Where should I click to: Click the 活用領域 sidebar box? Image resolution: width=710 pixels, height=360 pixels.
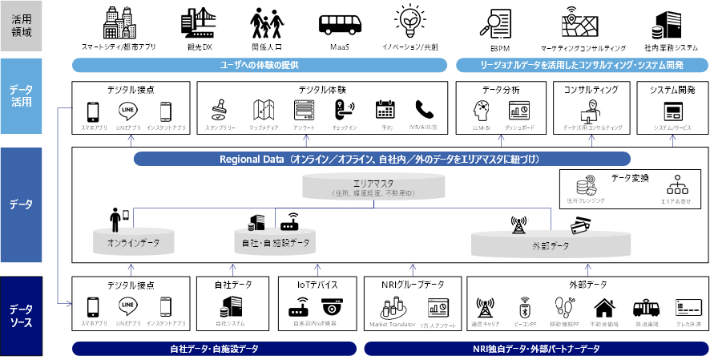pos(21,26)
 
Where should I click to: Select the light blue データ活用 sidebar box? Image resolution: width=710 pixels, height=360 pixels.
pos(21,95)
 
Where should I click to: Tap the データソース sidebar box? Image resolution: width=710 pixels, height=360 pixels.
pos(21,315)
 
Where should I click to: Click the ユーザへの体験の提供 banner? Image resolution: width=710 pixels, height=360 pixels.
pos(259,65)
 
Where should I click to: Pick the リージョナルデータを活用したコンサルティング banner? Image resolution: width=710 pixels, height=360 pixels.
pos(582,65)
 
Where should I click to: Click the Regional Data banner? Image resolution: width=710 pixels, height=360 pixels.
pos(381,159)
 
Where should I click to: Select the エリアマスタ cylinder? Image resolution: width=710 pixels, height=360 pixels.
pos(373,187)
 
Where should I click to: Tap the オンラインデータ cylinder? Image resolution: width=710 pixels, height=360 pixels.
pos(132,241)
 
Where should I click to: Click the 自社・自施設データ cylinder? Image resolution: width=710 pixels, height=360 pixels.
pos(275,241)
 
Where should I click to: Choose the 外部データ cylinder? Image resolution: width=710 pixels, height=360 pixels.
pos(551,245)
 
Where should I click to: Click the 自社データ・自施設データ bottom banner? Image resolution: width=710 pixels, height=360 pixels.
pos(214,349)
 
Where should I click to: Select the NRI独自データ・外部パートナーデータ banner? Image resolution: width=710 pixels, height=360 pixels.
pos(535,349)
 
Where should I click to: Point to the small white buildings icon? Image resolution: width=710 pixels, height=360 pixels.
pos(392,307)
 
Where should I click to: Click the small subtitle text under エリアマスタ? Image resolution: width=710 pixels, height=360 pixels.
pos(373,193)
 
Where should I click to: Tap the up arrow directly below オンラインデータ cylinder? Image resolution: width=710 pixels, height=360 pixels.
pos(131,270)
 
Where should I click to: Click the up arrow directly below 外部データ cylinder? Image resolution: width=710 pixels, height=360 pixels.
pos(588,270)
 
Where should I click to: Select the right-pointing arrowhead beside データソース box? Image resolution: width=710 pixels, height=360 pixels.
pos(69,303)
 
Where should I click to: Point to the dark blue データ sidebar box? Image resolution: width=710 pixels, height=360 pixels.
pos(21,204)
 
